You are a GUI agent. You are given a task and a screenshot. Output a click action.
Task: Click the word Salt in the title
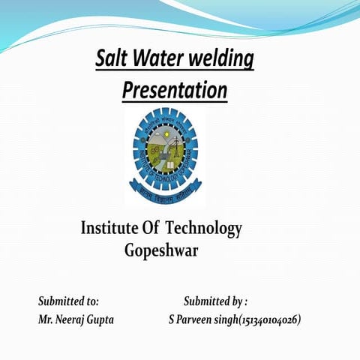(x=110, y=58)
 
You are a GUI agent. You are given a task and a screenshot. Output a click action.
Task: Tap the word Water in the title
(x=153, y=58)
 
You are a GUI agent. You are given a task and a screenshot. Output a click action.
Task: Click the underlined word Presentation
(x=174, y=91)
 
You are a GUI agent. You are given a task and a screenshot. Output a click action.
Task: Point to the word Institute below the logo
(x=109, y=228)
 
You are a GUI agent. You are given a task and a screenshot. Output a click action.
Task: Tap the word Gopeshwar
(x=161, y=250)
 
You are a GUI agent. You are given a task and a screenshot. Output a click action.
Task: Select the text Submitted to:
(x=68, y=301)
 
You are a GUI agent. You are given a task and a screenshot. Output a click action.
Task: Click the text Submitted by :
(x=215, y=301)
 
